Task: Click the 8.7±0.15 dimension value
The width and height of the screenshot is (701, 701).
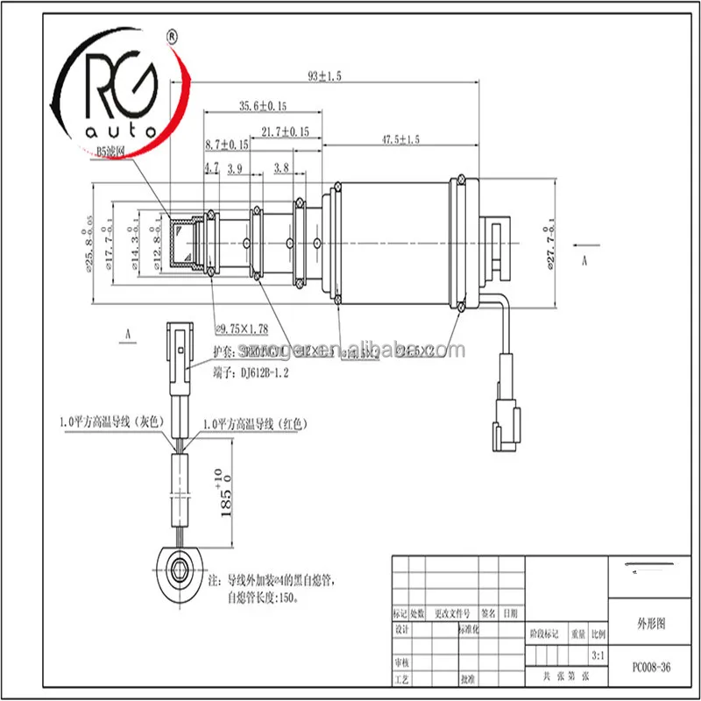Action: pyautogui.click(x=225, y=144)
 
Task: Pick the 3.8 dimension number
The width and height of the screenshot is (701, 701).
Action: pyautogui.click(x=281, y=166)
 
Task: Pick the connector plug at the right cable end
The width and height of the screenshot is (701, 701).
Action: pyautogui.click(x=507, y=411)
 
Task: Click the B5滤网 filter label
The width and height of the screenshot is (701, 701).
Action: pyautogui.click(x=110, y=151)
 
